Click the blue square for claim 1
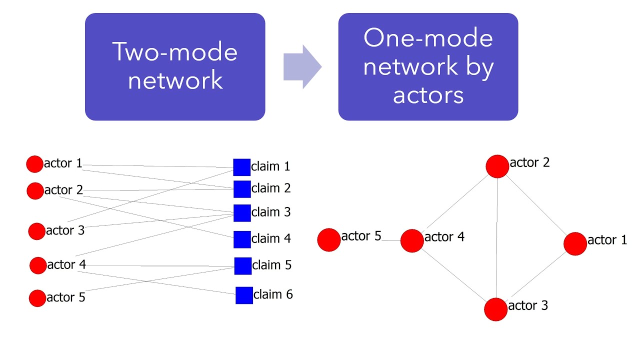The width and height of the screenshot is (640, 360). point(242,167)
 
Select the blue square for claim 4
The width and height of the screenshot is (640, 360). point(242,239)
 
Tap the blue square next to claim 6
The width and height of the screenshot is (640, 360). point(244,295)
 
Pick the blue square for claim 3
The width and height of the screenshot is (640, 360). point(242,213)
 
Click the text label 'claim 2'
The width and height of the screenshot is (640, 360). point(271,188)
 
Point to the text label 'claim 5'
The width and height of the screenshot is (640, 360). point(271,265)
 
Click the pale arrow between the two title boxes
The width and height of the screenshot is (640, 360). point(301,67)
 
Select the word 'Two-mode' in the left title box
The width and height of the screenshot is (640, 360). point(175,51)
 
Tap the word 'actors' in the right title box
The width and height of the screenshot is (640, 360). point(428,94)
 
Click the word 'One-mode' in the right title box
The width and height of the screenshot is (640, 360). point(428,38)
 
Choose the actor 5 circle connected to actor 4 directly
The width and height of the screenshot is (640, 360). point(329,239)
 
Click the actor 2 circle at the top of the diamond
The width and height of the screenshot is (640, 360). point(497,166)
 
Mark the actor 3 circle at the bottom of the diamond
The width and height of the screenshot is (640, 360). point(496,309)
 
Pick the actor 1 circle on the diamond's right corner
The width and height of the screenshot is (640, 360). point(575,243)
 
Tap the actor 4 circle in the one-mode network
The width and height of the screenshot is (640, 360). point(412,240)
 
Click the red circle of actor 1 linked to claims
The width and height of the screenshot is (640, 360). point(34,164)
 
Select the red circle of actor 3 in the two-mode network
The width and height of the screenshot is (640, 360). point(36,231)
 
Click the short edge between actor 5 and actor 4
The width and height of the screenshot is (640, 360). point(391,240)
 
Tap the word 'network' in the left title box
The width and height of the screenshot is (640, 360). point(175,80)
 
